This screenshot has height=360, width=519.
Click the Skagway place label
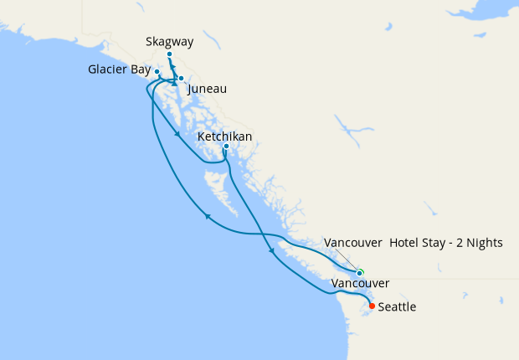point(168,41)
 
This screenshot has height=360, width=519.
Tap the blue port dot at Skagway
point(169,54)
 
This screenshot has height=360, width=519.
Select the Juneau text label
point(208,89)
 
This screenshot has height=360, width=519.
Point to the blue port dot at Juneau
point(181,78)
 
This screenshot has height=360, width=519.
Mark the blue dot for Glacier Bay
point(157,71)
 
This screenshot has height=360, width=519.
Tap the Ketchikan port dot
point(226,147)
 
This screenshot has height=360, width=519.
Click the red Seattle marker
point(372,306)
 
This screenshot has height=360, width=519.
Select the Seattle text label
point(397,307)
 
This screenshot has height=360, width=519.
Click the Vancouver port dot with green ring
point(360,273)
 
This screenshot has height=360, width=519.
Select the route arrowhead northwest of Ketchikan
point(178,134)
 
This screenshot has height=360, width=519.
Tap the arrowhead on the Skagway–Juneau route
point(173,84)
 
